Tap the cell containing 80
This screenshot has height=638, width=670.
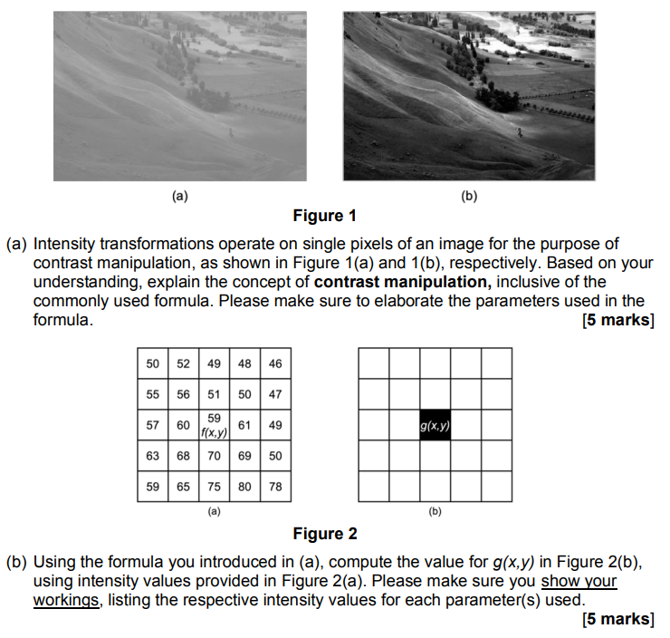tap(244, 486)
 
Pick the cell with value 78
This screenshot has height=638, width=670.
tap(275, 486)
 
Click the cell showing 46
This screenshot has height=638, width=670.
tap(275, 363)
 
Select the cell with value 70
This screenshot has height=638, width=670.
tap(214, 456)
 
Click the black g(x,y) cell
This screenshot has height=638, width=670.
tap(435, 425)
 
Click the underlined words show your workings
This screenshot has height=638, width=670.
tap(326, 591)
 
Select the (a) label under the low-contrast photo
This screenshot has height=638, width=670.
tap(179, 195)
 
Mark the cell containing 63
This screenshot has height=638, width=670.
tap(152, 456)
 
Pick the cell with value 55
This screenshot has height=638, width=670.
tap(152, 394)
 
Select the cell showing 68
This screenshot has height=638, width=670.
tap(183, 456)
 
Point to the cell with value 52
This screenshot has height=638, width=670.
tap(183, 363)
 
